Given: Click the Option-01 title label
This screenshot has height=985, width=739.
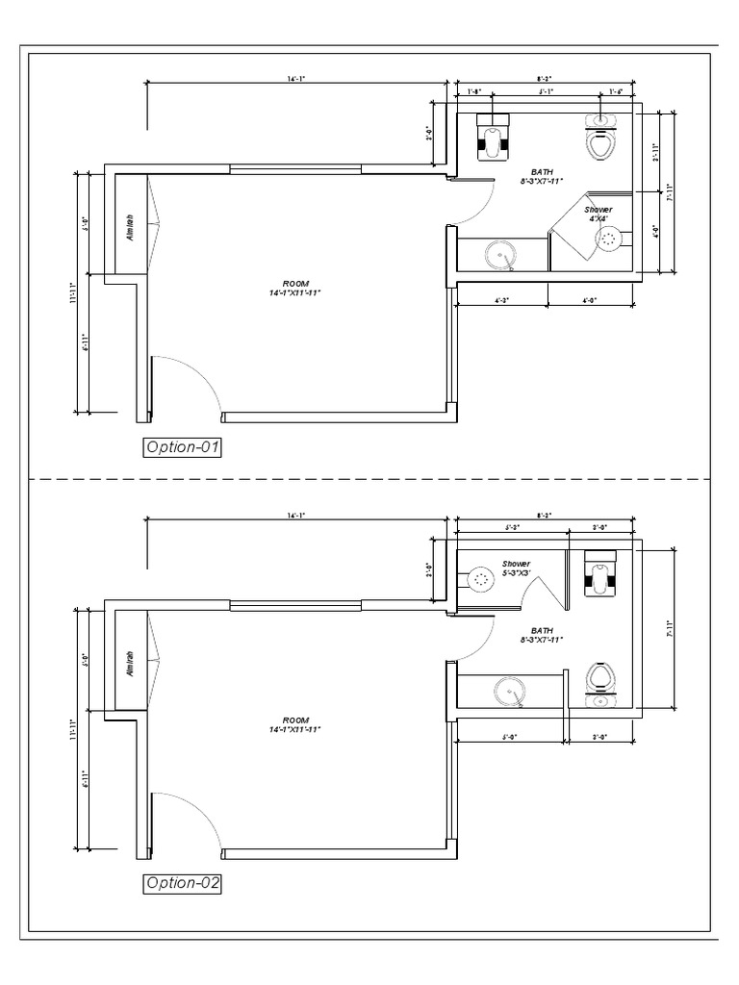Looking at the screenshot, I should click(x=182, y=446).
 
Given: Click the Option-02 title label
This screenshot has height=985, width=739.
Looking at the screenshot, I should click(x=182, y=882).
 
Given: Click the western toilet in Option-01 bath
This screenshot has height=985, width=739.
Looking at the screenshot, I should click(x=601, y=139).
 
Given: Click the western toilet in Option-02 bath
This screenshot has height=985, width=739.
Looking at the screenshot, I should click(x=601, y=680).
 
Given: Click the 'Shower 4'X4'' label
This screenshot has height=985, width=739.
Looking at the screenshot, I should click(x=599, y=214).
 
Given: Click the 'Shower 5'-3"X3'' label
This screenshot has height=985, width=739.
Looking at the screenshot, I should click(x=516, y=568).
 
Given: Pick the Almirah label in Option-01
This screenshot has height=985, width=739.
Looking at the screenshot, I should click(x=130, y=227).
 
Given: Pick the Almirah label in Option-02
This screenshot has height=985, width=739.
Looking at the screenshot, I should click(x=130, y=664).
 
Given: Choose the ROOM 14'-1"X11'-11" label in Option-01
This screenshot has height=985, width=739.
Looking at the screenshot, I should click(x=294, y=288).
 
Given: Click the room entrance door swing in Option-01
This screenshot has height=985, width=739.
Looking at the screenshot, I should click(x=189, y=385).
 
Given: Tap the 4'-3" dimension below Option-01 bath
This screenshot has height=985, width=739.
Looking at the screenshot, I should click(x=501, y=301).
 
